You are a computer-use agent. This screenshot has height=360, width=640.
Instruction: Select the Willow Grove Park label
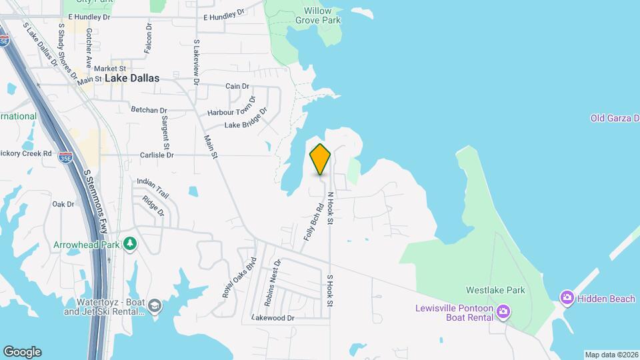(318, 15)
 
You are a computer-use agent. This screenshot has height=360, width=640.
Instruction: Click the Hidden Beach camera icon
(567, 298)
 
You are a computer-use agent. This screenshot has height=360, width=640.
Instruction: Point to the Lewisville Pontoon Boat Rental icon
(503, 311)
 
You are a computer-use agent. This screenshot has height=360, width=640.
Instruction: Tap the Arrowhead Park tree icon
(130, 244)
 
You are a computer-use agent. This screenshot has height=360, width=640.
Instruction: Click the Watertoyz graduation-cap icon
(155, 306)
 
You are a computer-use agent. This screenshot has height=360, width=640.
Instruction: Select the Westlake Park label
(495, 290)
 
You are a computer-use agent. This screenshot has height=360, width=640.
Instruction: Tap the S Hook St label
(329, 291)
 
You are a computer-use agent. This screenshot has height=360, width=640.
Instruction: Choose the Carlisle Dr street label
(157, 155)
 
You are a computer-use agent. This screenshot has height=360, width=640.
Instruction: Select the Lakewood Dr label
(273, 319)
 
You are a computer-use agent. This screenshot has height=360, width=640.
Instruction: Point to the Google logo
(22, 351)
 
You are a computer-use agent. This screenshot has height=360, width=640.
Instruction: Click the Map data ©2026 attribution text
(610, 355)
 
